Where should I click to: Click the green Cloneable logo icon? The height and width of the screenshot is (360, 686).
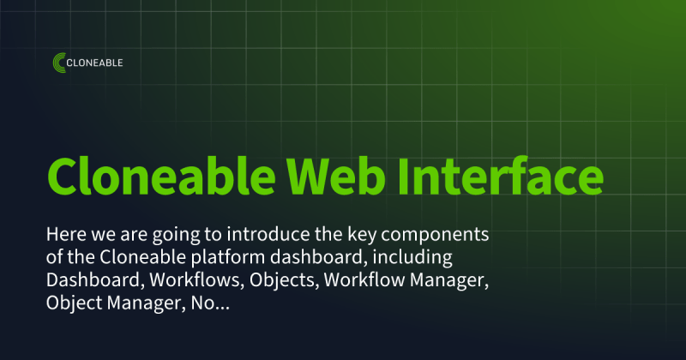(x=60, y=63)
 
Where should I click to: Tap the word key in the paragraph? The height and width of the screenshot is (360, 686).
(x=363, y=233)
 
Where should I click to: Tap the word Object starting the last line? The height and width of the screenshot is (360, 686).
(x=75, y=303)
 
